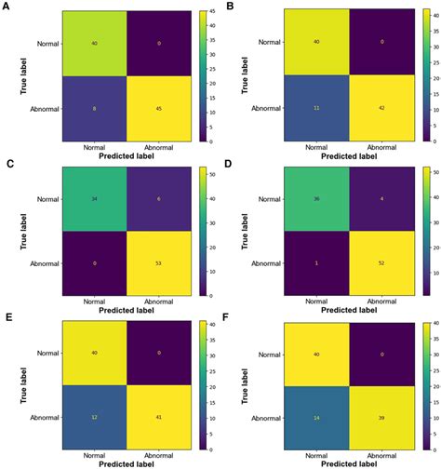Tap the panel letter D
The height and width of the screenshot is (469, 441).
(x=229, y=164)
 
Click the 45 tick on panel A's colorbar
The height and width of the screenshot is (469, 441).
(x=211, y=12)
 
